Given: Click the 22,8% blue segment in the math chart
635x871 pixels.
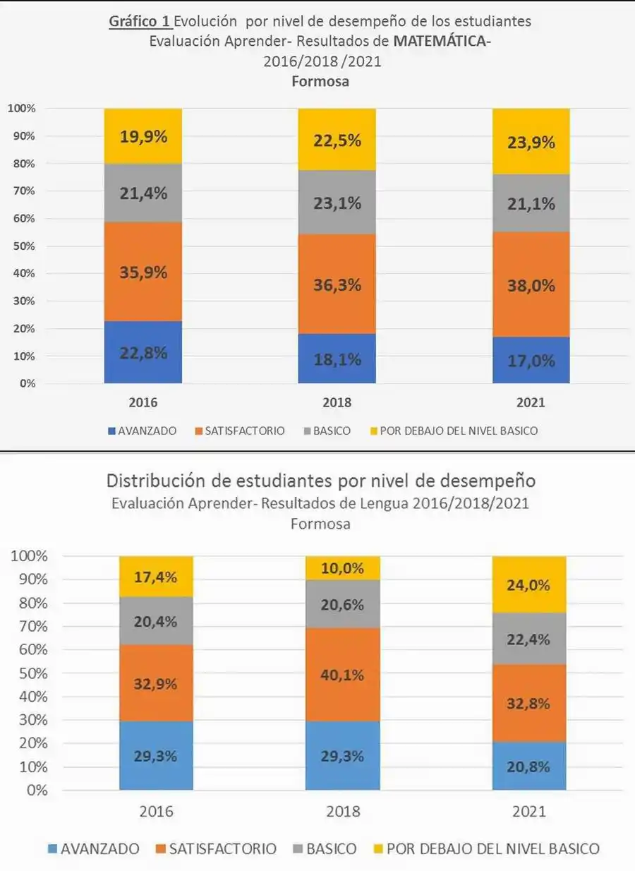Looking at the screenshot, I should [x=143, y=352].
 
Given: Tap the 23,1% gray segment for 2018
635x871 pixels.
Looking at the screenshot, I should [x=337, y=203].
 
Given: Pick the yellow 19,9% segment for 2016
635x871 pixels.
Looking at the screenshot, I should [x=143, y=137].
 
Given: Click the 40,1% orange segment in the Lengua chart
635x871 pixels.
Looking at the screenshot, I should [x=342, y=675].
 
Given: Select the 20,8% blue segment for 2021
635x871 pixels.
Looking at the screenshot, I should [x=529, y=766].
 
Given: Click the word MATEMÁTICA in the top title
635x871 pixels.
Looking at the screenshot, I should [x=441, y=41].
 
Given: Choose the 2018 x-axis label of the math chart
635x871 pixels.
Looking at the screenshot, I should [x=337, y=404].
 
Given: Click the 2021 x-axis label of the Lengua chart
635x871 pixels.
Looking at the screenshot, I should [x=529, y=812].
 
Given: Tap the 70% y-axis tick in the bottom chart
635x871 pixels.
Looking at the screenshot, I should [x=29, y=626].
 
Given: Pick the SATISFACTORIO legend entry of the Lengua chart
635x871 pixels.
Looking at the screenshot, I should [x=216, y=849].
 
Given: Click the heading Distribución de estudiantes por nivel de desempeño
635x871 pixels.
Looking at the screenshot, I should [x=321, y=481].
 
